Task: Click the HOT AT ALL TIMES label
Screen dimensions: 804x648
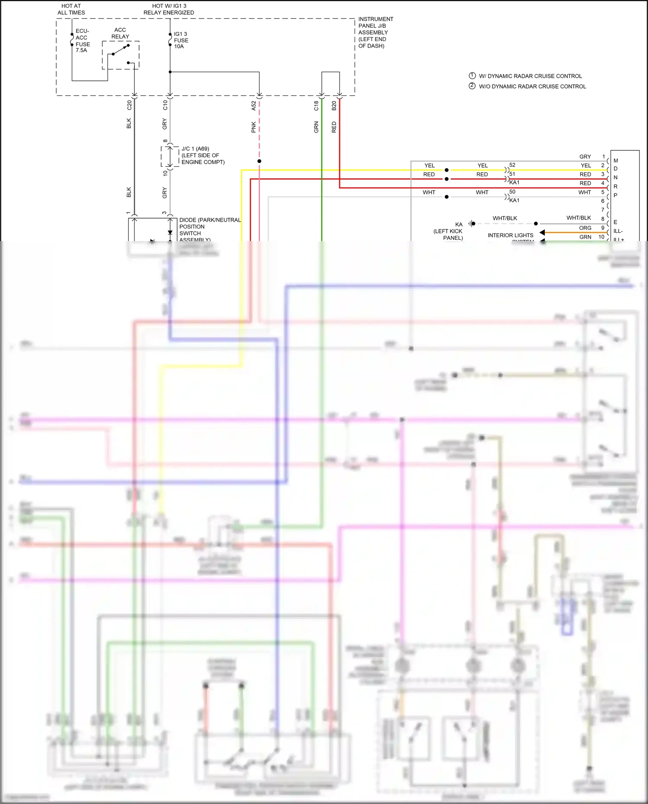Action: (71, 9)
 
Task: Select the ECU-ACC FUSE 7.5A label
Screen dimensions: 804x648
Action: (83, 41)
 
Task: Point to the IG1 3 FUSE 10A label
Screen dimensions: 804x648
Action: (181, 40)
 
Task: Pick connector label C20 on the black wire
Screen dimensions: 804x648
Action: (129, 105)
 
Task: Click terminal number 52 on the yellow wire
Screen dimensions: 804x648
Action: (512, 165)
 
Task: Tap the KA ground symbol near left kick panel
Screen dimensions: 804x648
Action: (472, 223)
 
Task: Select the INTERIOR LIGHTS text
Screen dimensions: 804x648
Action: (510, 235)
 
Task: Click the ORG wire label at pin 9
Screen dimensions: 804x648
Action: (585, 228)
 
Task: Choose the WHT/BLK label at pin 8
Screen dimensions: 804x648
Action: (578, 218)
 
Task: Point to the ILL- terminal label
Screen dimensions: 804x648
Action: (618, 231)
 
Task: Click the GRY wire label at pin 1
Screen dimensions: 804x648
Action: (585, 156)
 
